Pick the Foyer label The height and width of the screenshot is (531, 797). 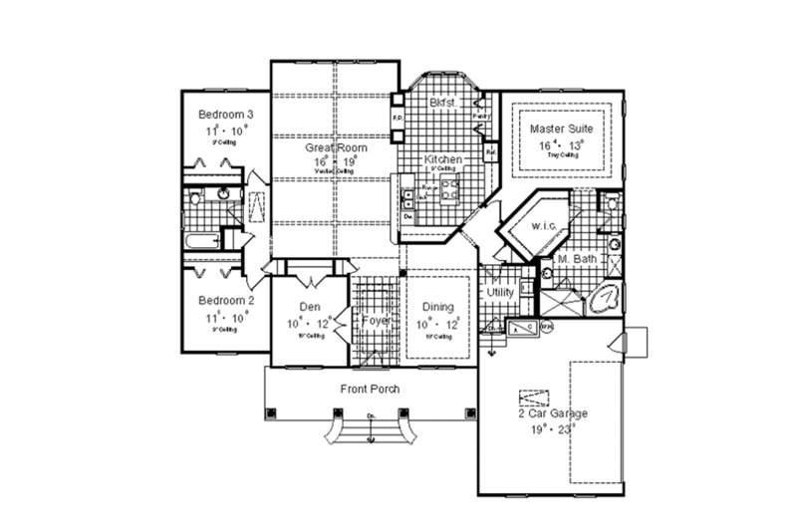375,320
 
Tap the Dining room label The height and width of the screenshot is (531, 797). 437,307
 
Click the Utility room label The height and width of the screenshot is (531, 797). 498,293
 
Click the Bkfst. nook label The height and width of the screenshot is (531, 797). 443,103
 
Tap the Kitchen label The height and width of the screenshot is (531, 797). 441,159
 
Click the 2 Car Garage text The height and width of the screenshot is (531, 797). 552,412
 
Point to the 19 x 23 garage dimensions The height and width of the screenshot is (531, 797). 552,428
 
